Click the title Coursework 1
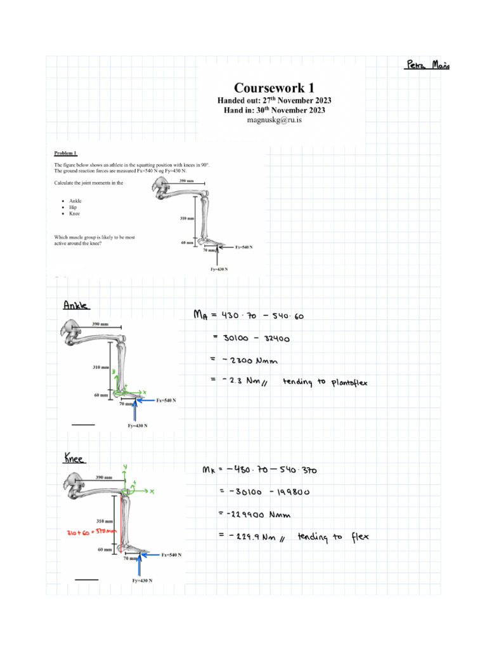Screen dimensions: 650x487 [x=274, y=88]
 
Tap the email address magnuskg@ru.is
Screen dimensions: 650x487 [x=274, y=120]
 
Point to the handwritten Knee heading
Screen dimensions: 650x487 [x=75, y=458]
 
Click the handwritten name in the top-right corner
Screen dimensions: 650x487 [x=426, y=65]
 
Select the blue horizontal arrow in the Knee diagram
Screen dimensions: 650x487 [x=149, y=555]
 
